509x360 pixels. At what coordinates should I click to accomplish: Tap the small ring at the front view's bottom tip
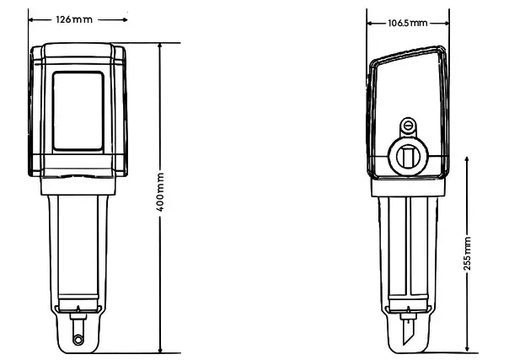(x=78, y=339)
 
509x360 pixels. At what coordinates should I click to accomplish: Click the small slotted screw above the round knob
(x=409, y=126)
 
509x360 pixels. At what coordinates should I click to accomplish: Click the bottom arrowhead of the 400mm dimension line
(x=161, y=348)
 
